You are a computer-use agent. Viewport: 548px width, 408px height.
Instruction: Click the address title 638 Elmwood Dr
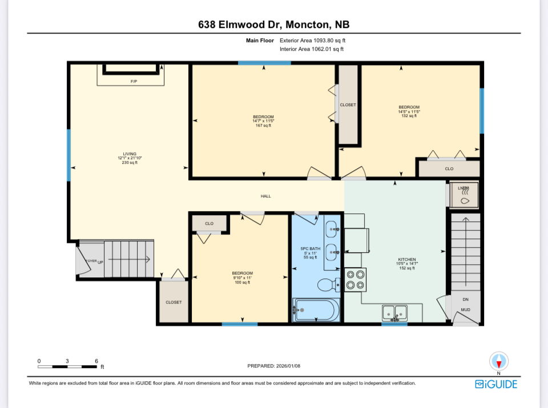[273, 25]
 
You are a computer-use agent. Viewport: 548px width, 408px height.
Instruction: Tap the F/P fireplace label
[134, 82]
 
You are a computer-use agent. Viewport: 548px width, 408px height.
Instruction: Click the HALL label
[265, 196]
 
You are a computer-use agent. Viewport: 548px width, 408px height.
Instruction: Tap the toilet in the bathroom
[327, 284]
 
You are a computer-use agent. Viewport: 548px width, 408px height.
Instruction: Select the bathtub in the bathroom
[316, 310]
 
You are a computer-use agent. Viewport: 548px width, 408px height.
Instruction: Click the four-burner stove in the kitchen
[356, 279]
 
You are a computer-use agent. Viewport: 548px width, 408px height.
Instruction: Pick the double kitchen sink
[394, 313]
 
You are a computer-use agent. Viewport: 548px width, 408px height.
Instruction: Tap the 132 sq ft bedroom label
[409, 111]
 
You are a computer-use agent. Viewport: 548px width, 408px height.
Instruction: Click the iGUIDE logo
[496, 383]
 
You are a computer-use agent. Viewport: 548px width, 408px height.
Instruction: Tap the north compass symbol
[499, 361]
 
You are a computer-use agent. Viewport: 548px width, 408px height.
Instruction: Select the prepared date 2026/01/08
[273, 366]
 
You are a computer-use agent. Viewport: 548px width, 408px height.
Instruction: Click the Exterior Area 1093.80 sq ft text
[312, 41]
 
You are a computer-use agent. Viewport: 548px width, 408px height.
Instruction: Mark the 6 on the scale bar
[96, 361]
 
